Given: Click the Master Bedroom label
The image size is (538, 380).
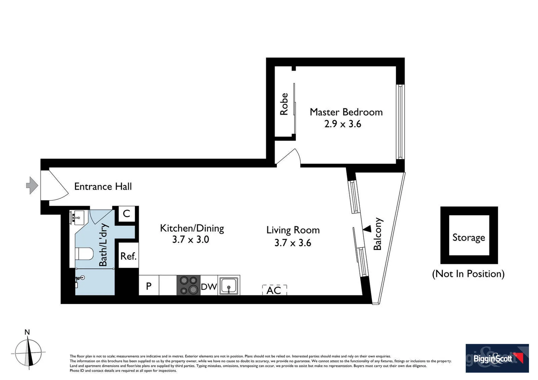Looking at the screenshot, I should pyautogui.click(x=346, y=112).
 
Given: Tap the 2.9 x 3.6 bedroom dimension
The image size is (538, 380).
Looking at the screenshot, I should pyautogui.click(x=343, y=124).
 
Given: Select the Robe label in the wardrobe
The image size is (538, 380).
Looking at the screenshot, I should pyautogui.click(x=284, y=104).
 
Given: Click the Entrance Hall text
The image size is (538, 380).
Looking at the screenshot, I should pyautogui.click(x=103, y=186).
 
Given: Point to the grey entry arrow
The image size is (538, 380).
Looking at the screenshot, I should pyautogui.click(x=32, y=185).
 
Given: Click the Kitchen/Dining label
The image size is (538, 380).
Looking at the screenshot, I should pyautogui.click(x=192, y=228).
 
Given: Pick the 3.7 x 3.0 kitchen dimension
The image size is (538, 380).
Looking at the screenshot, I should pyautogui.click(x=190, y=240).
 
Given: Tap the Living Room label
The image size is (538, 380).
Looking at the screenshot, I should pyautogui.click(x=293, y=230).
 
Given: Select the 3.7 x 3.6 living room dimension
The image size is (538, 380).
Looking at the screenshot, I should pyautogui.click(x=293, y=243).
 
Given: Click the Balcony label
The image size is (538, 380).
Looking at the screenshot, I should pyautogui.click(x=377, y=234).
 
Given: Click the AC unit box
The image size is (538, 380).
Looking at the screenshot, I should pyautogui.click(x=274, y=290).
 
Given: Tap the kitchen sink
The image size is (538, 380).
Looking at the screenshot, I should pyautogui.click(x=229, y=285).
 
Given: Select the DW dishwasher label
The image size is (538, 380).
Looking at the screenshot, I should pyautogui.click(x=209, y=287).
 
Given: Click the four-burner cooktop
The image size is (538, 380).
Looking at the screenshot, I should pyautogui.click(x=188, y=285).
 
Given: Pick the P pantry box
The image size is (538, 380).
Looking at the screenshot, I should pyautogui.click(x=149, y=286).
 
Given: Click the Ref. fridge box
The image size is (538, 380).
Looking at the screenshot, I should pyautogui.click(x=128, y=256).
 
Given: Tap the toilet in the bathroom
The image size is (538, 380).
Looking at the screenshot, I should pyautogui.click(x=85, y=253).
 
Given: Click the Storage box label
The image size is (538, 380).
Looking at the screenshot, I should pyautogui.click(x=469, y=237).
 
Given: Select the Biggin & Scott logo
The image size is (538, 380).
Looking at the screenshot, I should pyautogui.click(x=497, y=358).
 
